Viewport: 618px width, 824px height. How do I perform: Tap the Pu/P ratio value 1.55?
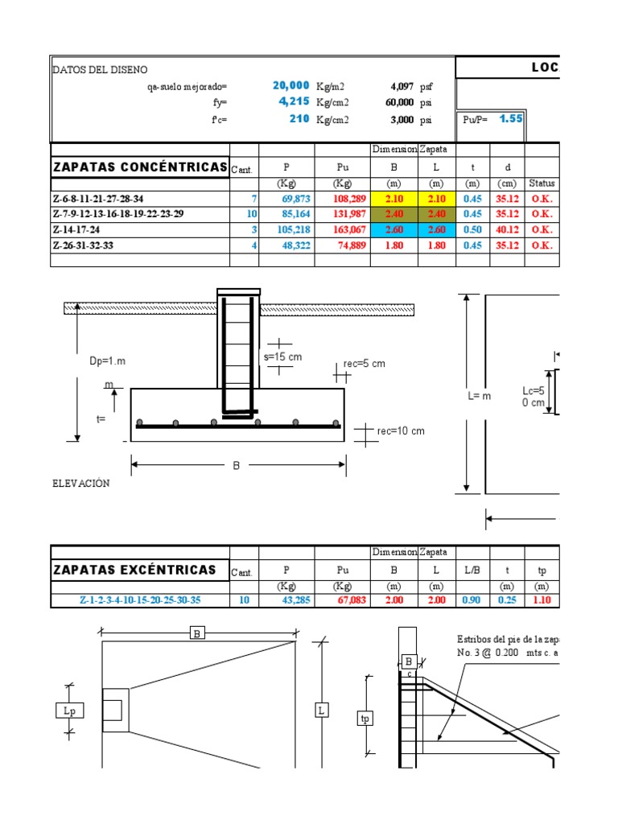pyautogui.click(x=511, y=118)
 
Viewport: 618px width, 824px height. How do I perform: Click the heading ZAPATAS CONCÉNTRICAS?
pyautogui.click(x=140, y=167)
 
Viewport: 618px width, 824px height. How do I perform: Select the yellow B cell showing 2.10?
pyautogui.click(x=393, y=198)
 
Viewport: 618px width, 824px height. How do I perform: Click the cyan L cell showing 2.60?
pyautogui.click(x=436, y=229)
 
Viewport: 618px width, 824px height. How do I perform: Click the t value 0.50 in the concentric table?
pyautogui.click(x=474, y=229)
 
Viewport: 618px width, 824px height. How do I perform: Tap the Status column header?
pyautogui.click(x=542, y=183)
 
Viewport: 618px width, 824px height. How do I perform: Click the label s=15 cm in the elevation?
pyautogui.click(x=282, y=356)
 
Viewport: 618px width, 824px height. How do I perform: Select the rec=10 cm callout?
pyautogui.click(x=401, y=431)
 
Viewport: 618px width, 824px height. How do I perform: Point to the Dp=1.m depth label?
pyautogui.click(x=108, y=361)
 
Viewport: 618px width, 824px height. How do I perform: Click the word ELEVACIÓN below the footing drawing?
pyautogui.click(x=81, y=484)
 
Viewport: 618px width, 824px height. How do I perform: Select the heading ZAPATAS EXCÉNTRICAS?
pyautogui.click(x=134, y=570)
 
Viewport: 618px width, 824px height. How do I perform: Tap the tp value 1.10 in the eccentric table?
pyautogui.click(x=542, y=600)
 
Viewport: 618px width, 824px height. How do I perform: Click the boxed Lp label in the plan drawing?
pyautogui.click(x=69, y=711)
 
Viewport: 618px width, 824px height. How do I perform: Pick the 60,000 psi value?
pyautogui.click(x=400, y=103)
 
